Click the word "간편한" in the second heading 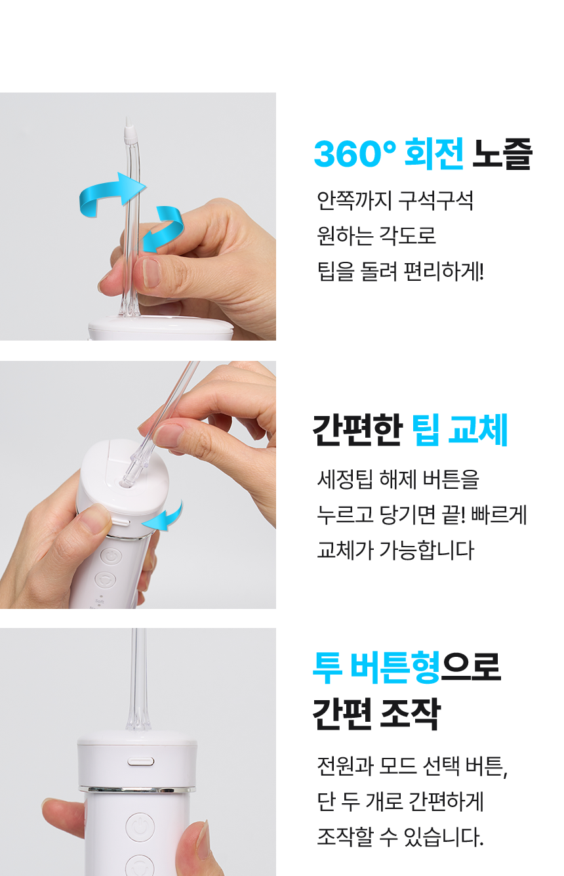click(356, 431)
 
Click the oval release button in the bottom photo click(141, 761)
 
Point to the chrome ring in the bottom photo click(138, 788)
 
